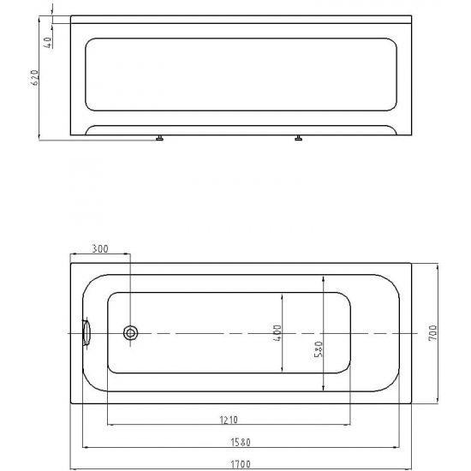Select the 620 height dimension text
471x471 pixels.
click(x=35, y=82)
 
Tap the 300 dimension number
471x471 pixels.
click(x=99, y=249)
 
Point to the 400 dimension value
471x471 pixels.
click(x=277, y=331)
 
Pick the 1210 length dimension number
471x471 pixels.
click(x=229, y=420)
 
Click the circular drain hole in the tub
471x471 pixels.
click(x=131, y=333)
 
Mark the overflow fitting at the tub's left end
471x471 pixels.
click(x=85, y=332)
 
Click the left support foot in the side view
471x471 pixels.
click(x=159, y=137)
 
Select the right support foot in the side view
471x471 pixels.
click(x=299, y=137)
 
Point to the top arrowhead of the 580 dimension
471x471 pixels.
click(x=323, y=278)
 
